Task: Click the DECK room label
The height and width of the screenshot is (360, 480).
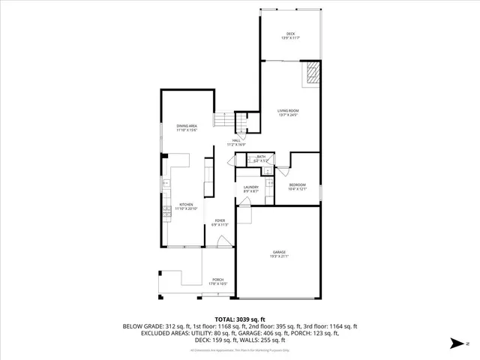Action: coord(290,34)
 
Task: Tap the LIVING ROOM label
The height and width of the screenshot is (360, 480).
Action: coord(289,111)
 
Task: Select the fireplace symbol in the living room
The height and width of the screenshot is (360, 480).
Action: coord(312,74)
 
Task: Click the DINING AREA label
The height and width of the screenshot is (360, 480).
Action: coord(187,125)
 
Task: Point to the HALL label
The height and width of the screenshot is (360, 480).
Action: coord(235,140)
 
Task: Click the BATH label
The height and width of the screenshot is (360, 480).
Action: coord(261,157)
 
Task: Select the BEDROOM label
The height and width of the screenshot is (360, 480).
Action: coord(298,184)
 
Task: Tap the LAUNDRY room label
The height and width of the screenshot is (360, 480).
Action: coord(250,187)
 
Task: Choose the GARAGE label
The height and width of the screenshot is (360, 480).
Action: coord(278,252)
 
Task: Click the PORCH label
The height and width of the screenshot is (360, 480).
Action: coord(217,280)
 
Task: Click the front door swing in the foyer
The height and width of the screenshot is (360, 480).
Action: coord(223,241)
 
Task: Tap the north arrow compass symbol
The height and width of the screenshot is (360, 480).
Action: coord(457,343)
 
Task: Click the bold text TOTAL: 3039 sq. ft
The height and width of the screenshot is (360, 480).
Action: coord(240,319)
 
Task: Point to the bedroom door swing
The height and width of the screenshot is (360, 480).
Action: coord(282,170)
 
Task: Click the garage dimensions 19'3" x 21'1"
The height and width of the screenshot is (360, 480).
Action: coord(278,256)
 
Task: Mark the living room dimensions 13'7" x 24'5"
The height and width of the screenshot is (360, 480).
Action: coord(289,115)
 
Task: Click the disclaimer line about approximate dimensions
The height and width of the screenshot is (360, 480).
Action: coord(240,350)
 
